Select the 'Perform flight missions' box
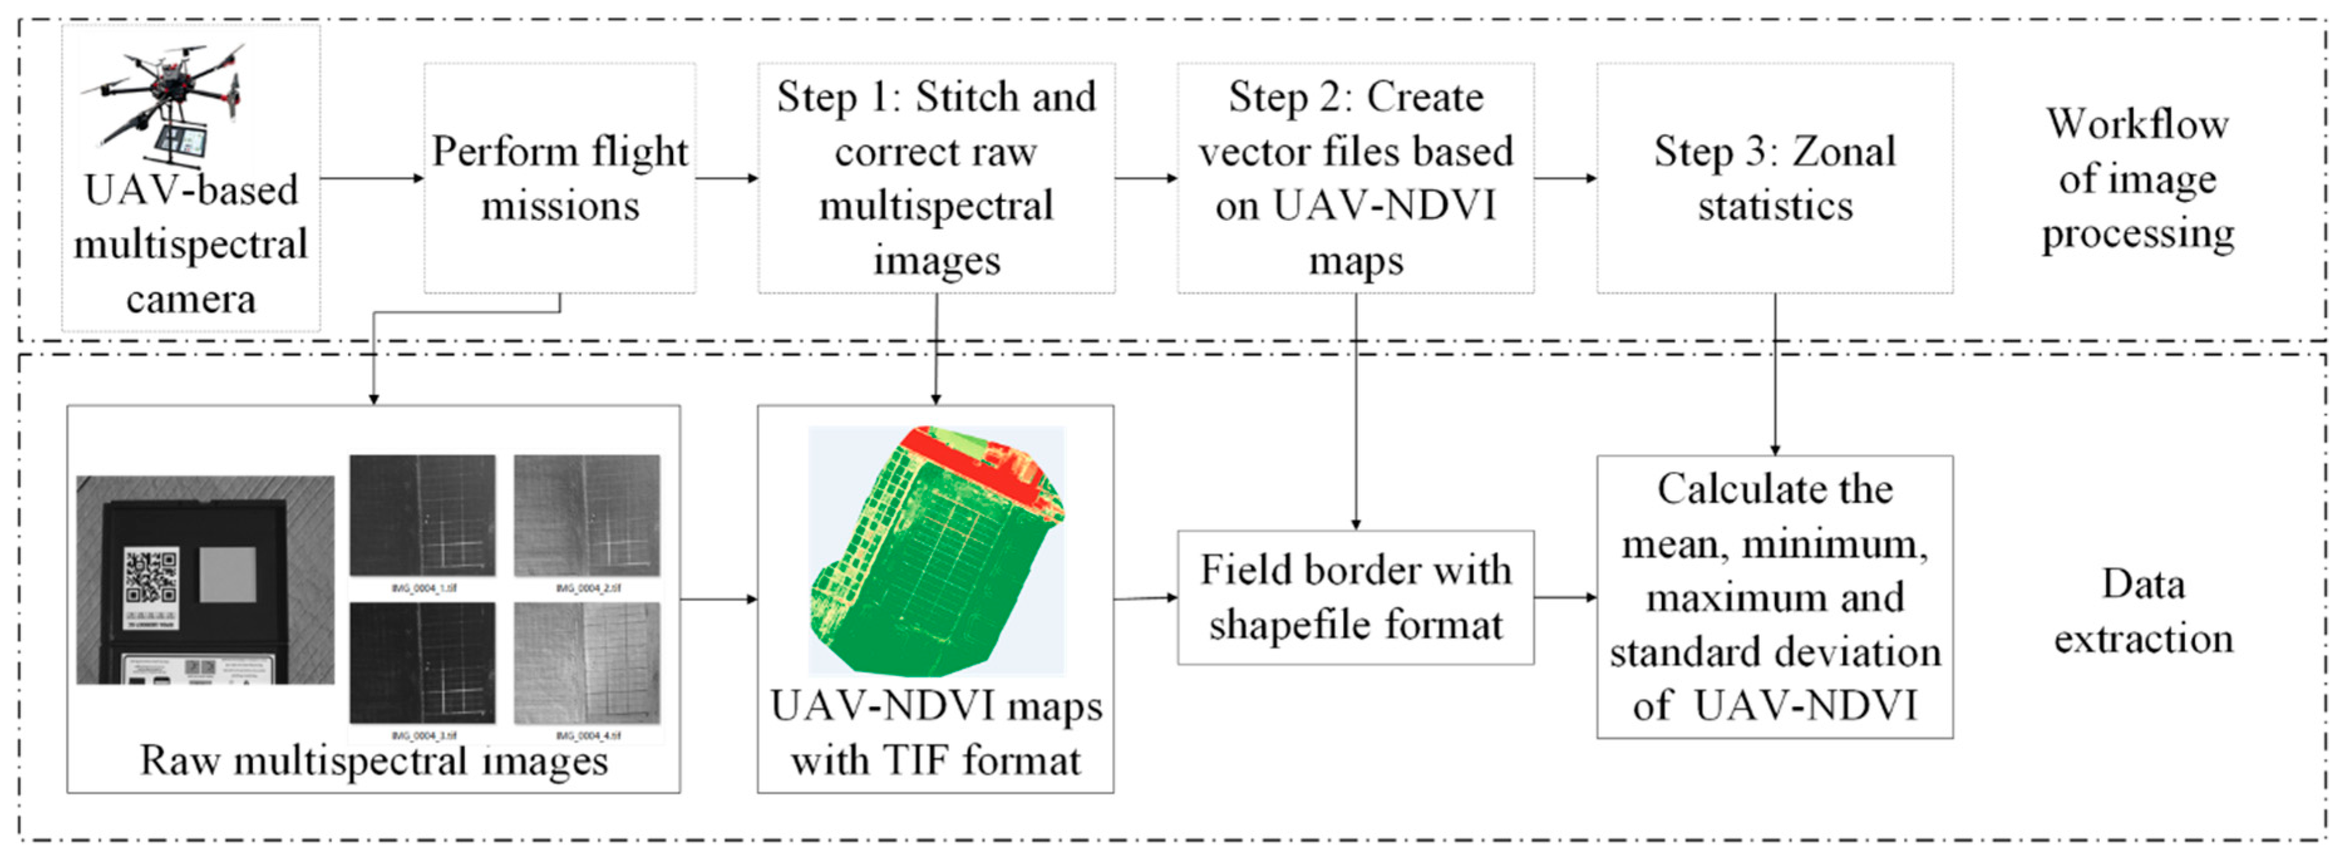[x=559, y=178]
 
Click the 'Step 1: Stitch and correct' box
[x=936, y=178]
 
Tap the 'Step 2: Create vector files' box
[x=1355, y=178]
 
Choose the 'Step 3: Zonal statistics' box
[x=1774, y=178]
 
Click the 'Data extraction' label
[x=2143, y=611]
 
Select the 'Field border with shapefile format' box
[x=1355, y=598]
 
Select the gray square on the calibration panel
[x=227, y=574]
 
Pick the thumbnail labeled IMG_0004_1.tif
[x=422, y=515]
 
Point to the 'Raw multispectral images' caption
[x=373, y=760]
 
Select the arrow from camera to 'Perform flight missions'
[x=373, y=178]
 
